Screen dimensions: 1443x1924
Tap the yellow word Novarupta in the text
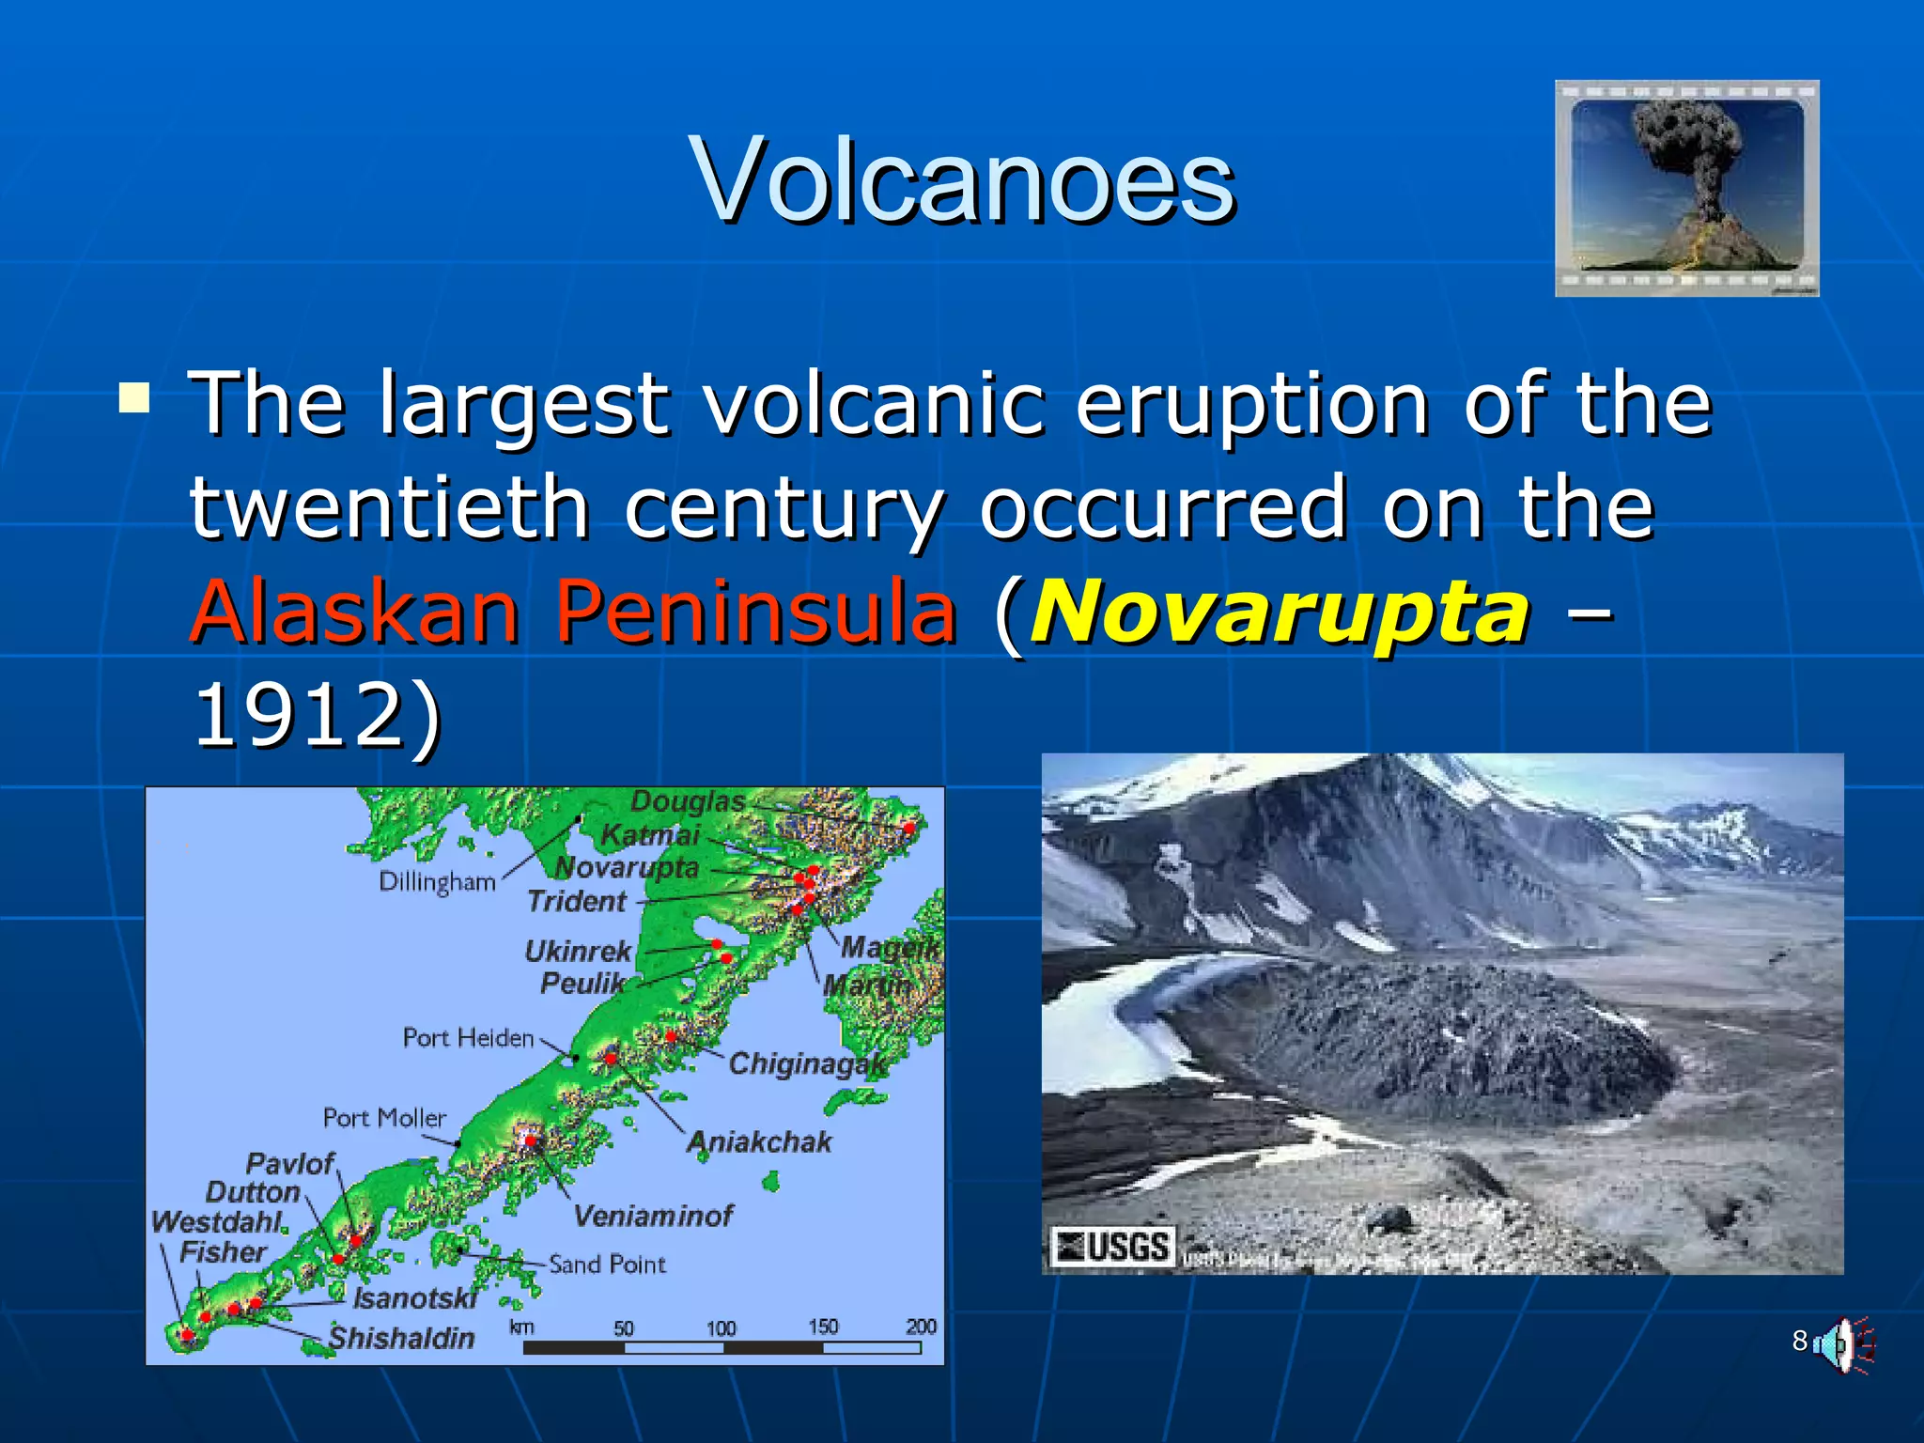pyautogui.click(x=1280, y=612)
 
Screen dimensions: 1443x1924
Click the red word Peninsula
pyautogui.click(x=754, y=612)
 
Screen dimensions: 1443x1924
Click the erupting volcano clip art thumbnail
pyautogui.click(x=1686, y=188)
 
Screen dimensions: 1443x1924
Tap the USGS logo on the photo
pyautogui.click(x=1112, y=1248)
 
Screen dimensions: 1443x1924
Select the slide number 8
pyautogui.click(x=1799, y=1341)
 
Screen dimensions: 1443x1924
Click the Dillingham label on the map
pyautogui.click(x=437, y=882)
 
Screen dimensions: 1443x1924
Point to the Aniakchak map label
pyautogui.click(x=759, y=1142)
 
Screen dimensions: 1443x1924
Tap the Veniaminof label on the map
pyautogui.click(x=652, y=1217)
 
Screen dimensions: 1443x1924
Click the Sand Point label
pyautogui.click(x=607, y=1265)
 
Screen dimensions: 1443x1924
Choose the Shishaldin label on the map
pyautogui.click(x=401, y=1338)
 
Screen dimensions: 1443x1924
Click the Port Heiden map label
pyautogui.click(x=468, y=1038)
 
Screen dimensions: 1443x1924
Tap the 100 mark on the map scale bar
pyautogui.click(x=721, y=1328)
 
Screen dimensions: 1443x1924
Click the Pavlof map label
pyautogui.click(x=289, y=1164)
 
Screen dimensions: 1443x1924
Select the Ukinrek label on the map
pyautogui.click(x=578, y=951)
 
